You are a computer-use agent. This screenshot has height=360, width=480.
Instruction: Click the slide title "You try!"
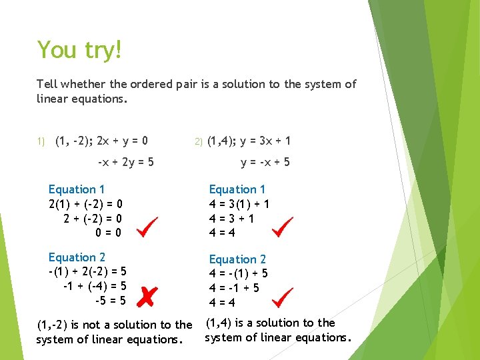pyautogui.click(x=79, y=51)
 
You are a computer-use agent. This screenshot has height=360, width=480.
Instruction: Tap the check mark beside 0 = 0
pyautogui.click(x=147, y=227)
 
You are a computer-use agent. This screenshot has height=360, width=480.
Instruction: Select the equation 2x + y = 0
pyautogui.click(x=122, y=141)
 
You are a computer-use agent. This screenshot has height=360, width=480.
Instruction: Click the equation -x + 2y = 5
pyautogui.click(x=125, y=162)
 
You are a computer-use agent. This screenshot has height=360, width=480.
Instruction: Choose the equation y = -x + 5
pyautogui.click(x=265, y=162)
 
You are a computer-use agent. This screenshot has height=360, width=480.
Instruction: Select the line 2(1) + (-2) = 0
pyautogui.click(x=85, y=204)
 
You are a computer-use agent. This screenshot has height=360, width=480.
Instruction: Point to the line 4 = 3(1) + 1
pyautogui.click(x=239, y=204)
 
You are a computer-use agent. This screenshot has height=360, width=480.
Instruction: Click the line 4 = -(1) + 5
pyautogui.click(x=238, y=273)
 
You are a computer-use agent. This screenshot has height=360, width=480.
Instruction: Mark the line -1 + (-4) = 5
pyautogui.click(x=94, y=286)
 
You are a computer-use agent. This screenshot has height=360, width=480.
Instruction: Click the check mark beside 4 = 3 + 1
pyautogui.click(x=283, y=227)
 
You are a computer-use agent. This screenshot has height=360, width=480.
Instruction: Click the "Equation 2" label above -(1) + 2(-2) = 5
pyautogui.click(x=77, y=257)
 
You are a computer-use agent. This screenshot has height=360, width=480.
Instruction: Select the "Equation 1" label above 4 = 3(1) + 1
pyautogui.click(x=237, y=189)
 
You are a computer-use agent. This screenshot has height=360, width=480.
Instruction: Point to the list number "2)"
pyautogui.click(x=197, y=141)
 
